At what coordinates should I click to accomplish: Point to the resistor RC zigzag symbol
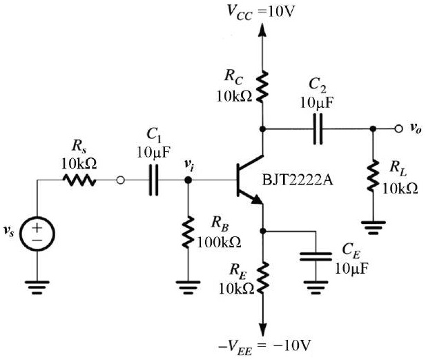(262, 87)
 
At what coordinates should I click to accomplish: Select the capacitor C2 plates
(318, 129)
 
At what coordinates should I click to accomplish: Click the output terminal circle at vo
(399, 129)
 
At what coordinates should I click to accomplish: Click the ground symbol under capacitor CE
(316, 285)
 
